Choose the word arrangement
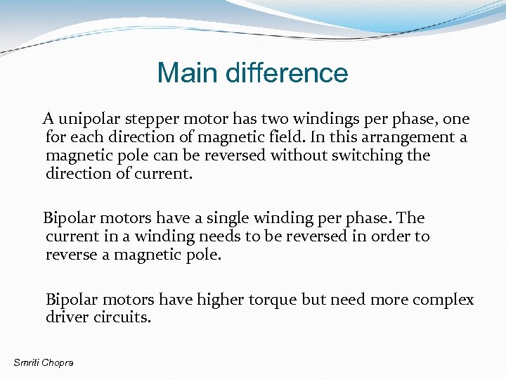click(403, 137)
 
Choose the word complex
click(443, 300)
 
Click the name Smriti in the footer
click(27, 362)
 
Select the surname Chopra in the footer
click(58, 362)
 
